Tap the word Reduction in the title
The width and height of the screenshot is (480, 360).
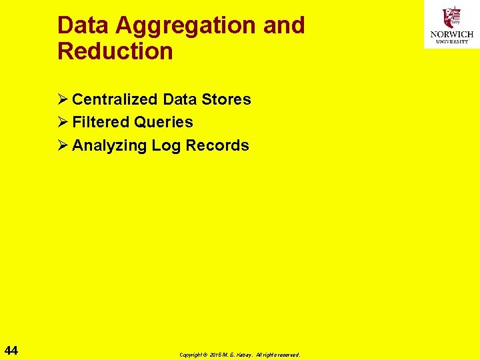pos(115,51)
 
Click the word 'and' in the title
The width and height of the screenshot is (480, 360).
pos(284,25)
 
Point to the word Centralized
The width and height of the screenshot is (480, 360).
pos(115,99)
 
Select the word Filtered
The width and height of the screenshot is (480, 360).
pos(100,122)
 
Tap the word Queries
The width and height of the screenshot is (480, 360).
pos(163,123)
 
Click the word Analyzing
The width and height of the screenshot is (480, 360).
pos(109,145)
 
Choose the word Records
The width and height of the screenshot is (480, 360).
pos(217,145)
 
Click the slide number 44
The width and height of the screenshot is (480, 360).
pos(11,351)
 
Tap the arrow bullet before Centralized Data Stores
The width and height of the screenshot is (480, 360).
pos(63,99)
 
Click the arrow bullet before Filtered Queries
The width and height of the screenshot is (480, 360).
pos(63,122)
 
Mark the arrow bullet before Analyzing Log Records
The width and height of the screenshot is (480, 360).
pos(63,145)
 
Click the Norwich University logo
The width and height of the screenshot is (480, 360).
pos(451,25)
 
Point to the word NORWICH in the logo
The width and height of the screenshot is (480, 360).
pos(451,34)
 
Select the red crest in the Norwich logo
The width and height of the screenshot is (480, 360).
pos(452,17)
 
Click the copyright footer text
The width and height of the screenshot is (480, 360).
pos(240,355)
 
